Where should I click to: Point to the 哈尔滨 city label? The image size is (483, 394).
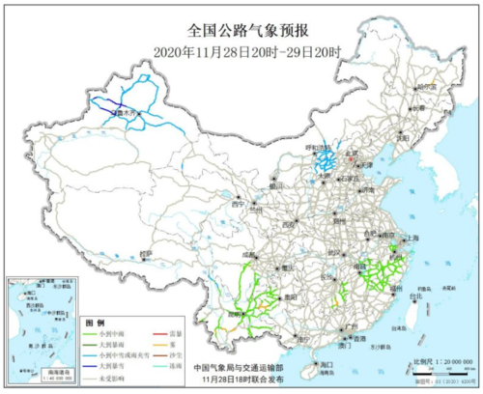tap(425, 88)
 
